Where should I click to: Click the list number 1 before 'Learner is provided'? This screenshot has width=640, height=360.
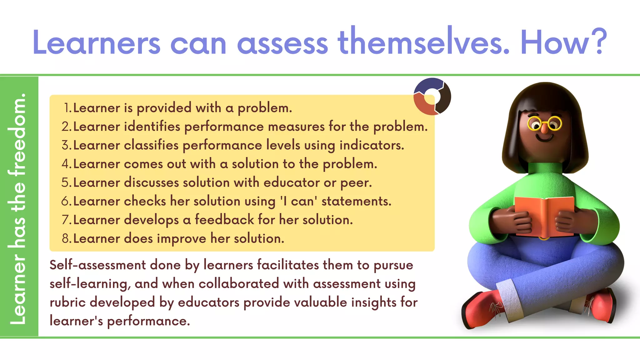67,108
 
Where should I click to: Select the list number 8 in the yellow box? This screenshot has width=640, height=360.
66,238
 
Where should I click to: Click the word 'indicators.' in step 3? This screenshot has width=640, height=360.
372,145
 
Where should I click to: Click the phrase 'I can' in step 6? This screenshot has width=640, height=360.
298,201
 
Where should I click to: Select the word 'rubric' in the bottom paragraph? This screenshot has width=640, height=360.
67,302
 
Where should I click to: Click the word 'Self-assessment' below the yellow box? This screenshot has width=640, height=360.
97,265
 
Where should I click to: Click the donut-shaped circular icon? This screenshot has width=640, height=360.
432,96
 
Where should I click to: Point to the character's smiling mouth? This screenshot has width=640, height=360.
544,138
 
